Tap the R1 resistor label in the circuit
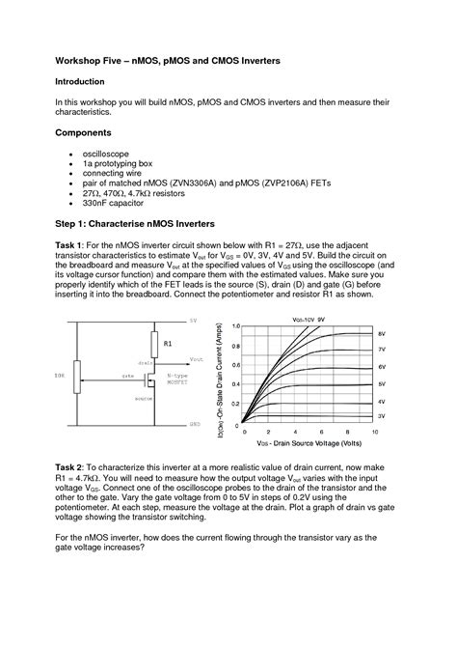point(167,342)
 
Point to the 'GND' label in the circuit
point(194,424)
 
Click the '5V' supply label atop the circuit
point(193,320)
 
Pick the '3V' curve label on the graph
point(382,414)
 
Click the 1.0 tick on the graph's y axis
point(236,326)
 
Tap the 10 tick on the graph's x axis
point(372,433)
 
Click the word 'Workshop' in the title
point(81,61)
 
